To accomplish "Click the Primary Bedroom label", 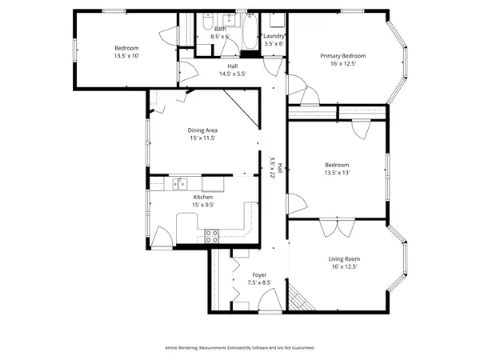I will coord(343,56).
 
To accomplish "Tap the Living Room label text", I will coord(343,258).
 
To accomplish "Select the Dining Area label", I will coord(203,130).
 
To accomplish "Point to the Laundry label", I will coord(274,35).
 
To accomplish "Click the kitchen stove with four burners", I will coord(212,235).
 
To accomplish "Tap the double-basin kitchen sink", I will coord(181,183).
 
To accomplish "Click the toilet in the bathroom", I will coord(206,22).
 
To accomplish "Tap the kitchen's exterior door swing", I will coord(161,238).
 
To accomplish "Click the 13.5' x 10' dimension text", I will coord(126,57).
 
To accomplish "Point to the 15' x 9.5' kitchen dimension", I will coord(203,205).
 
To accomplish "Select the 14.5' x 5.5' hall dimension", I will coord(232,74).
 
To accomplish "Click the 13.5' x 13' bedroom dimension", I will coord(336,173).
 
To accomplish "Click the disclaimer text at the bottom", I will coord(239,348).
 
